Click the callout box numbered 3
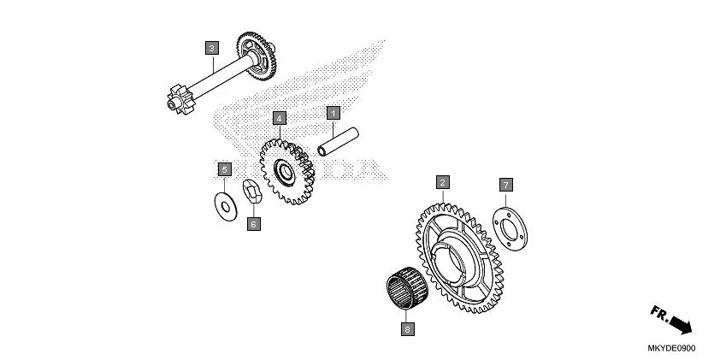click(211, 48)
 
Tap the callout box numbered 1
click(334, 112)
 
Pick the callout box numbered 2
click(442, 182)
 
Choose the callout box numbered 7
click(505, 185)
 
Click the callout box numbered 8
click(408, 328)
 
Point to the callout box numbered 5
click(224, 168)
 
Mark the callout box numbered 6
click(253, 224)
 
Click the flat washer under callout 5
click(226, 204)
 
